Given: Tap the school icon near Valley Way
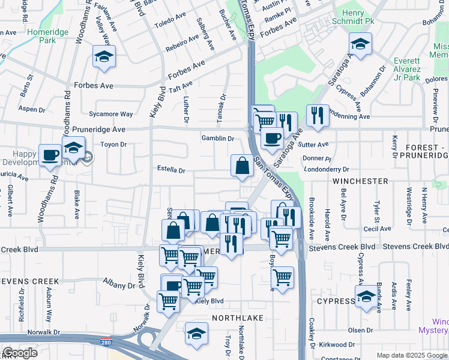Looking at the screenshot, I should pyautogui.click(x=104, y=57).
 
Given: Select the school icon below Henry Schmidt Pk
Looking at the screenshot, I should pyautogui.click(x=360, y=44).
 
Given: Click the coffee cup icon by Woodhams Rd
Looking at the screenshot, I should pyautogui.click(x=50, y=155).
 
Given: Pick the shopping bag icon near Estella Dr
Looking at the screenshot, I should pyautogui.click(x=242, y=166).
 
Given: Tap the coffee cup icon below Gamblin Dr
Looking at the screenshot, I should pyautogui.click(x=272, y=139).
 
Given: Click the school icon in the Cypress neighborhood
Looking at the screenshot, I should pyautogui.click(x=366, y=296).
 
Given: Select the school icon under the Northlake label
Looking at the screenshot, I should pyautogui.click(x=196, y=333).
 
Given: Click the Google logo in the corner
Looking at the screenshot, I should pyautogui.click(x=20, y=353).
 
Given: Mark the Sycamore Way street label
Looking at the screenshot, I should pyautogui.click(x=110, y=114).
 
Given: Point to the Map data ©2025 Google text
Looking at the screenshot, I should pyautogui.click(x=411, y=355).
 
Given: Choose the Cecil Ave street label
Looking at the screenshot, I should pyautogui.click(x=378, y=229).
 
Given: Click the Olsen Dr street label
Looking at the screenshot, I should pyautogui.click(x=361, y=330).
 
